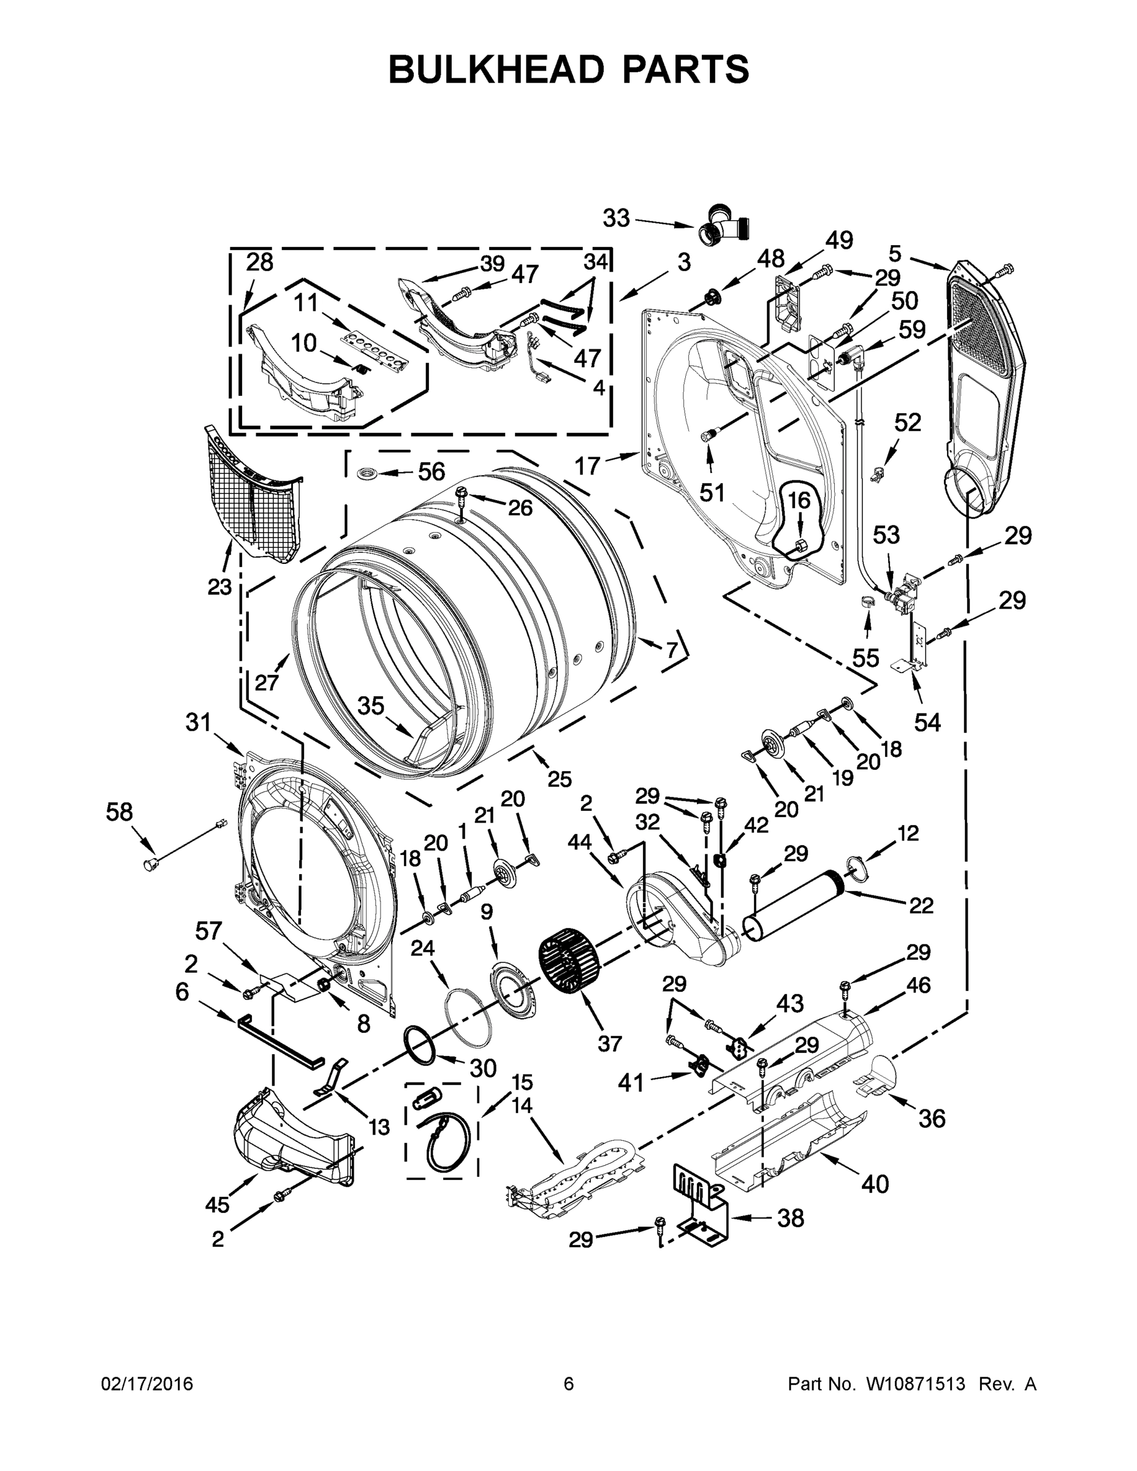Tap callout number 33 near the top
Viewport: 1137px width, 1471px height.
pos(615,218)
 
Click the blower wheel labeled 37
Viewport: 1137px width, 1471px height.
pos(569,960)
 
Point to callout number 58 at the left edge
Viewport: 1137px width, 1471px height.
pos(120,812)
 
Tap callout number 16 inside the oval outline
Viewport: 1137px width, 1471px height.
pos(799,500)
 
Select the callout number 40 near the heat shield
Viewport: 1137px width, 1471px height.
pos(875,1184)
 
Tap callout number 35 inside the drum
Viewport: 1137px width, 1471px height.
pos(370,706)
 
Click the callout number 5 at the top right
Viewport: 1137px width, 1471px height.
pos(894,253)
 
